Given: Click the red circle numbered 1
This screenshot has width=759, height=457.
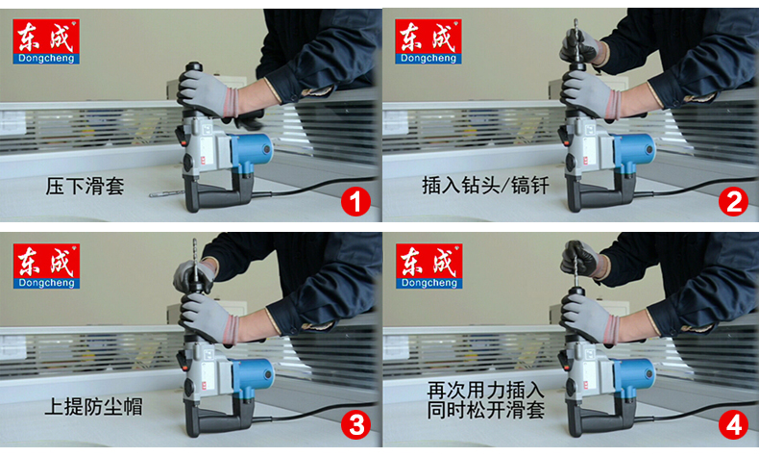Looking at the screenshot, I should click(x=356, y=202).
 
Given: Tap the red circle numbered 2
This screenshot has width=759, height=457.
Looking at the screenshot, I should click(x=735, y=202).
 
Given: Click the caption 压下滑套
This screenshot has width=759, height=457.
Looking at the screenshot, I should click(x=86, y=185).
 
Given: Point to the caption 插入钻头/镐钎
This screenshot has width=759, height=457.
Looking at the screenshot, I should click(x=485, y=185).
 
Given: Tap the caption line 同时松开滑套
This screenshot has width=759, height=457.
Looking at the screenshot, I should click(x=485, y=411).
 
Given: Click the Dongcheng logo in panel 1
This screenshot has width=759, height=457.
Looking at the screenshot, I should click(x=46, y=41).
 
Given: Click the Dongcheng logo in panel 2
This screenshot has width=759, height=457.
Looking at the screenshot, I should click(x=428, y=41).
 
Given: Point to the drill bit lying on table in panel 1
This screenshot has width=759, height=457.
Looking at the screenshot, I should click(x=166, y=195).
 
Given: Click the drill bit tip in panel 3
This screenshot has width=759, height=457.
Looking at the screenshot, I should click(x=195, y=243).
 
